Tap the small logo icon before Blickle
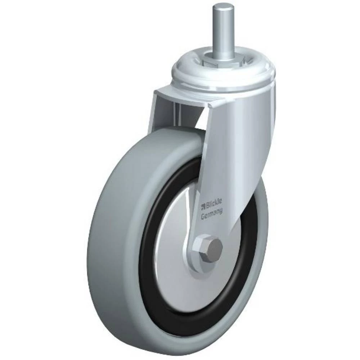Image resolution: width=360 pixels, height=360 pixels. [203, 206]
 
